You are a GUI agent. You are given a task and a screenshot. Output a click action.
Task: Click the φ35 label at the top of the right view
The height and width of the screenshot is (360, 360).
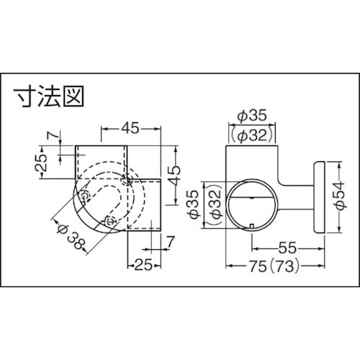coord(252,113)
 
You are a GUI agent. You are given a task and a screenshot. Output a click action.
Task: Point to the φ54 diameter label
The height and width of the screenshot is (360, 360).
coord(336,194)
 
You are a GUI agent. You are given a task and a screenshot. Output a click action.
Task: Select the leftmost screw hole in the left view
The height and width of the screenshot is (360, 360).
coord(85,196)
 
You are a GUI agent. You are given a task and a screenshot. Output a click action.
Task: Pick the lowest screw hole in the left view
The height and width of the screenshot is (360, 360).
coord(110,221)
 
